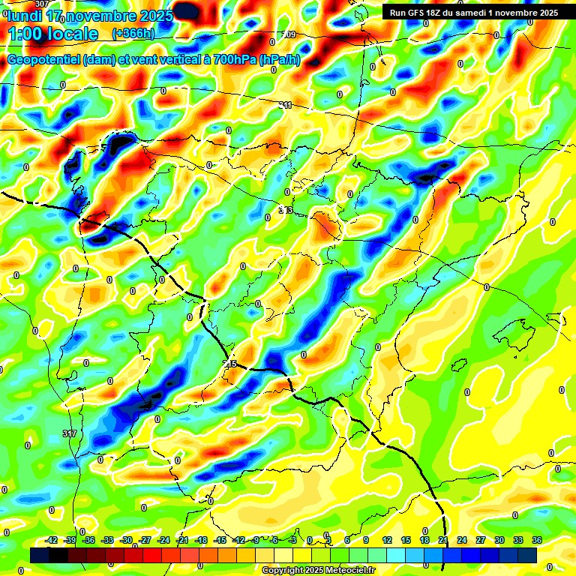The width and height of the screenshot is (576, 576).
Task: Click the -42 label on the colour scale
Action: pyautogui.click(x=52, y=540)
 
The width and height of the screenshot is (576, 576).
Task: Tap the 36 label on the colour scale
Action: pyautogui.click(x=537, y=540)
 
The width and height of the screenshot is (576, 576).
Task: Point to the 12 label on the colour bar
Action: pyautogui.click(x=387, y=540)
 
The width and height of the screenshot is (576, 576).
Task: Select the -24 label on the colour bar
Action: pyautogui.click(x=163, y=540)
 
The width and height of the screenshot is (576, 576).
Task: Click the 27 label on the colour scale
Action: pyautogui.click(x=481, y=540)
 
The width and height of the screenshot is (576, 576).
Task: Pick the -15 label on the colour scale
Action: pyautogui.click(x=220, y=540)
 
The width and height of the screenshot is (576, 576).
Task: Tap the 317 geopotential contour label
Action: pyautogui.click(x=70, y=434)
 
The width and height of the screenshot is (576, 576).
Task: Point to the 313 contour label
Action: pyautogui.click(x=286, y=211)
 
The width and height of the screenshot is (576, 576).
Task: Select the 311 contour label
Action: pyautogui.click(x=285, y=106)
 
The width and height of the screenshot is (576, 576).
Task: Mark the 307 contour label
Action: pyautogui.click(x=42, y=4)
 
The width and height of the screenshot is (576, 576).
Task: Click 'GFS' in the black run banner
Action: pyautogui.click(x=416, y=13)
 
